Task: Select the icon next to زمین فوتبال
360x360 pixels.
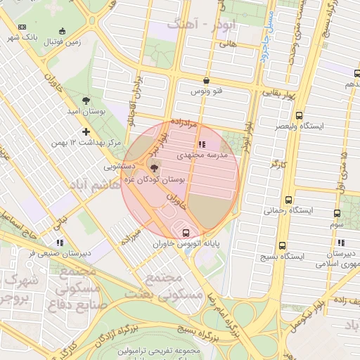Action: (x=63, y=30)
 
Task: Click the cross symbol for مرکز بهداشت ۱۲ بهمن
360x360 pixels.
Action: (x=86, y=131)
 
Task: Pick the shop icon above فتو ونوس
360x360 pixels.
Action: (x=205, y=80)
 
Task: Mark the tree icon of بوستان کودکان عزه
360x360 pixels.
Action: (x=154, y=167)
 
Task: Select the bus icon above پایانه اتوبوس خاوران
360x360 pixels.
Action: (x=185, y=232)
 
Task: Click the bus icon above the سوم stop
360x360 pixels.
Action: (x=337, y=213)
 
